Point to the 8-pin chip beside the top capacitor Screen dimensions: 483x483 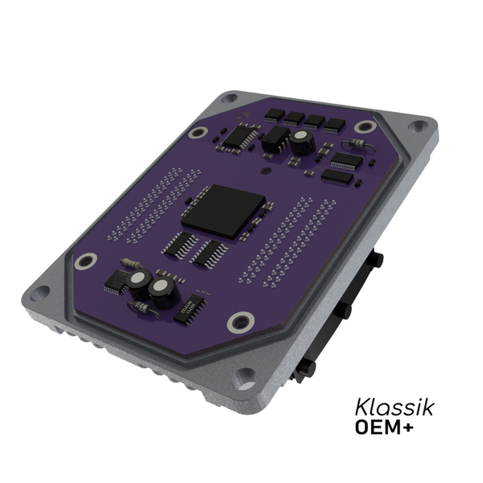click(276, 140)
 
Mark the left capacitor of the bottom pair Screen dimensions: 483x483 click(138, 279)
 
